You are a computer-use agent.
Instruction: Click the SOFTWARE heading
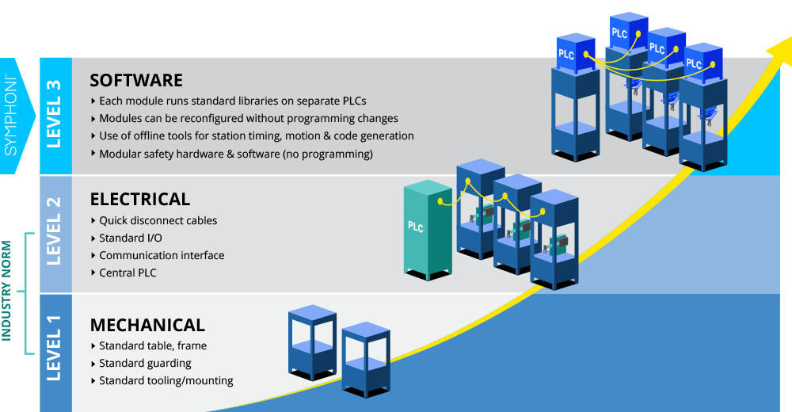click(x=136, y=80)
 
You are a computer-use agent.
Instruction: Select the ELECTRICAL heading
click(x=140, y=199)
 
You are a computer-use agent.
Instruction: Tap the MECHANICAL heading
click(x=147, y=325)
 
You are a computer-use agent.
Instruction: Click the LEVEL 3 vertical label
click(x=54, y=114)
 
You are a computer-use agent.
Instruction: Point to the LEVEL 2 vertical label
click(x=54, y=231)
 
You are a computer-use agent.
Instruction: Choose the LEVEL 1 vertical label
click(x=54, y=349)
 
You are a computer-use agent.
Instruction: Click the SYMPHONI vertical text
click(x=10, y=116)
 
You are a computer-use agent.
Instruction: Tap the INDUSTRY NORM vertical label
click(x=6, y=291)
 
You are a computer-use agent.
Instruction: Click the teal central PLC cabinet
click(x=428, y=230)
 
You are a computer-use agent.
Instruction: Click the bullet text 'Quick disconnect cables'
click(x=158, y=220)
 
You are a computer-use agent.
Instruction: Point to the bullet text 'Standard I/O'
click(x=131, y=238)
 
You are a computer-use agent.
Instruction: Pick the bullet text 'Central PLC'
click(x=128, y=273)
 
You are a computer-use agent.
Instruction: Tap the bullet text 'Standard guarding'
click(x=145, y=364)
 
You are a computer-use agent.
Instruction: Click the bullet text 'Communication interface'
click(x=162, y=255)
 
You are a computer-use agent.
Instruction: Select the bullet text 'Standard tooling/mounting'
click(x=166, y=380)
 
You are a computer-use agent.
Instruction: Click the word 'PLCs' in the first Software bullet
click(x=353, y=101)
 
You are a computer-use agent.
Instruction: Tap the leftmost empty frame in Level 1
click(x=312, y=342)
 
